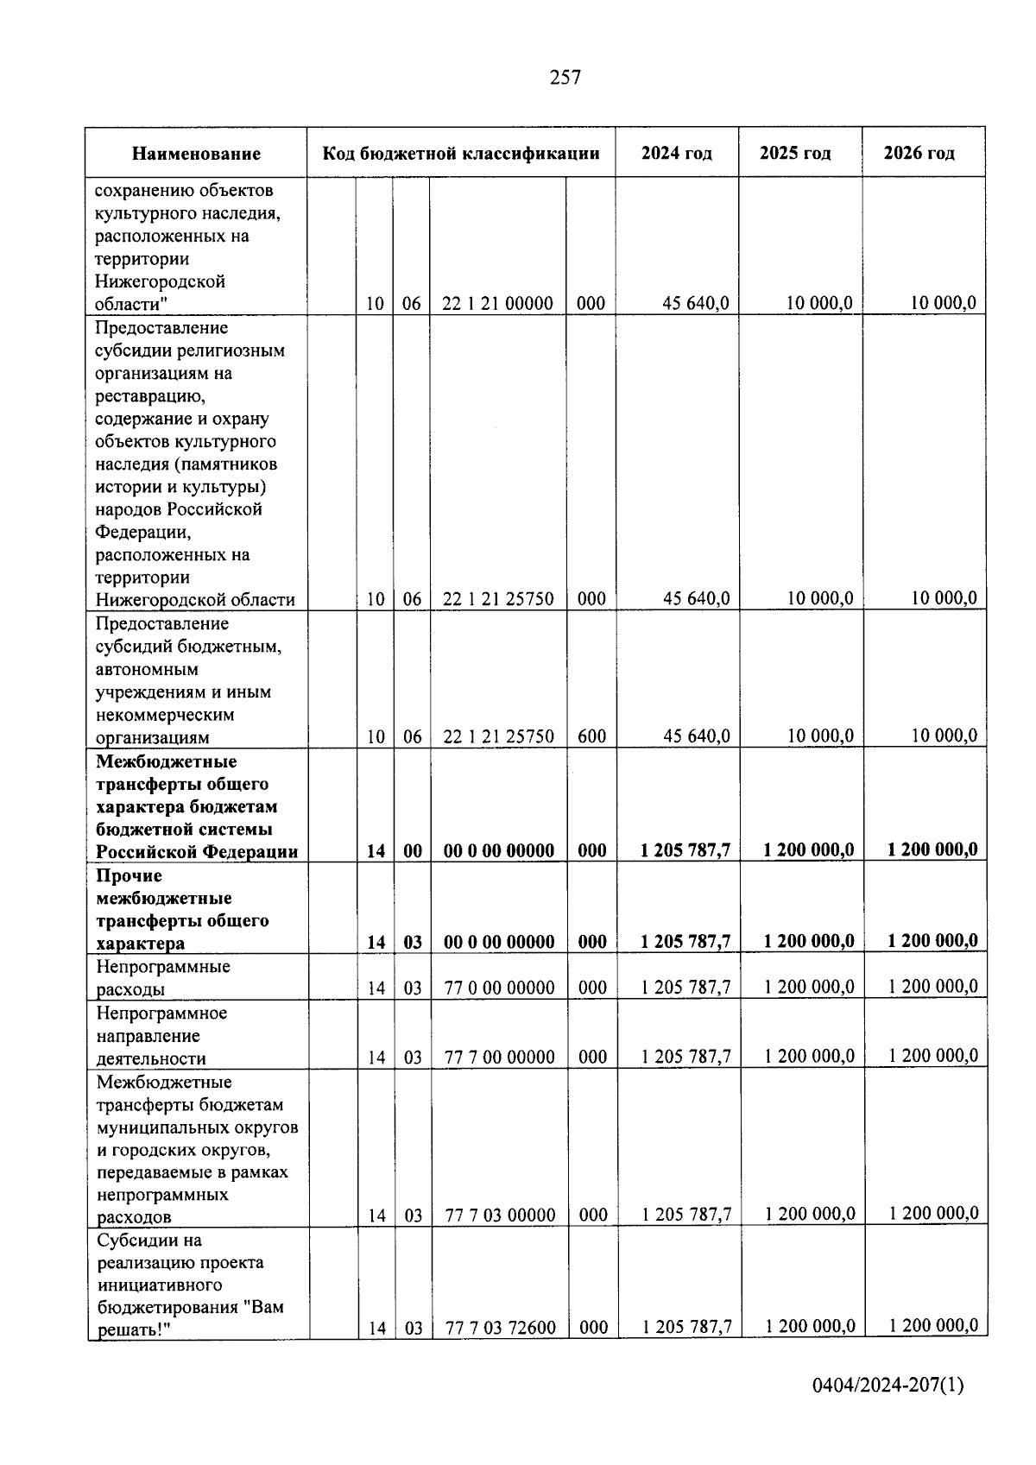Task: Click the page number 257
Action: (565, 78)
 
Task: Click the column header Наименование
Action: (196, 154)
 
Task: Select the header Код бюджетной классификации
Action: (461, 154)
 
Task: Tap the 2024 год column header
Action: (677, 154)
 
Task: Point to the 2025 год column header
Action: (795, 154)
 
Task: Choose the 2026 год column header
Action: (919, 154)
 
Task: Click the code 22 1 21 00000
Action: (497, 303)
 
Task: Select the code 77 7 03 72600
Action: (500, 1328)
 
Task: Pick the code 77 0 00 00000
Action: (499, 988)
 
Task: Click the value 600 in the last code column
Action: (591, 736)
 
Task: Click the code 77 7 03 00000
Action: (500, 1216)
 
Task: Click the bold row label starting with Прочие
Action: (182, 909)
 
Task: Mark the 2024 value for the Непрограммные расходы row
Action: (685, 988)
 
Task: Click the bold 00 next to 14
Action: (413, 850)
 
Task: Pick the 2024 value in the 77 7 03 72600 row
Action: (686, 1327)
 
